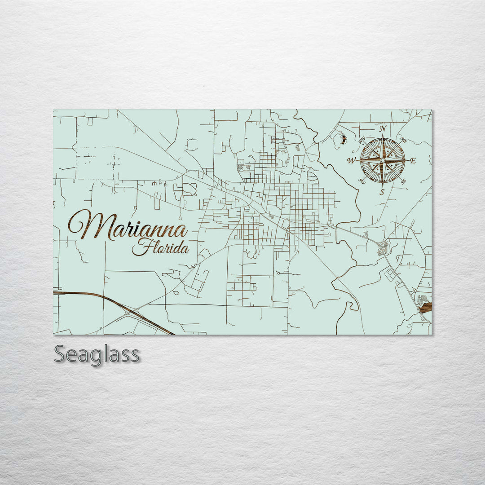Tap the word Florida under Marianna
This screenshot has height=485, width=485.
(x=161, y=247)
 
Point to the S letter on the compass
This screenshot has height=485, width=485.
(x=383, y=192)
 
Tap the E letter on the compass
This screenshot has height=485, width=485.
(x=413, y=161)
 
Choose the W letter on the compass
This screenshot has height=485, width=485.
(x=352, y=160)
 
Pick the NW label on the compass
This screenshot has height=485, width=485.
(x=362, y=140)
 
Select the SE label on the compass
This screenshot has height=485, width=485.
(x=403, y=181)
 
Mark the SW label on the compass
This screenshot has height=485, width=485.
(x=362, y=181)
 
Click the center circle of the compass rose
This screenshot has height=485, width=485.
(x=383, y=160)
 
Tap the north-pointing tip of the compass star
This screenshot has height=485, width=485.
(x=383, y=135)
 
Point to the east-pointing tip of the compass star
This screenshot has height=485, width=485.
(x=408, y=160)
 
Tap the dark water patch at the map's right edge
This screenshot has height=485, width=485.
(x=426, y=307)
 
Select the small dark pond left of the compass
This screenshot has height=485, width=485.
(x=344, y=139)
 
